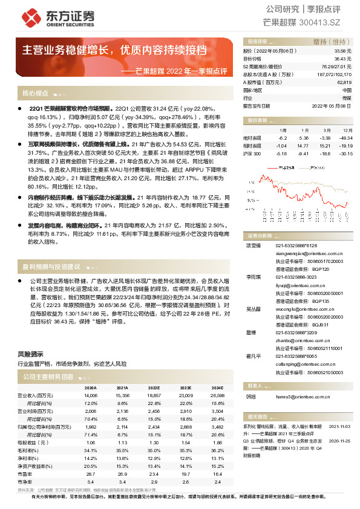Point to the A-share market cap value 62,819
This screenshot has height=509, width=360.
pyautogui.click(x=344, y=82)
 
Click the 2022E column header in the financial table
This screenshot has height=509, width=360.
pyautogui.click(x=153, y=388)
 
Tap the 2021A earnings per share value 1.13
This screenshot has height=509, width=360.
pyautogui.click(x=122, y=426)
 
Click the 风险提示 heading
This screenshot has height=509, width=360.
pyautogui.click(x=31, y=354)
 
